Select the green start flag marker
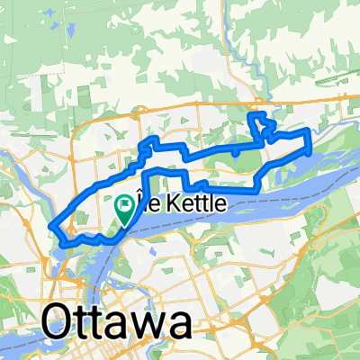[123, 210]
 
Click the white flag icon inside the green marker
[123, 205]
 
